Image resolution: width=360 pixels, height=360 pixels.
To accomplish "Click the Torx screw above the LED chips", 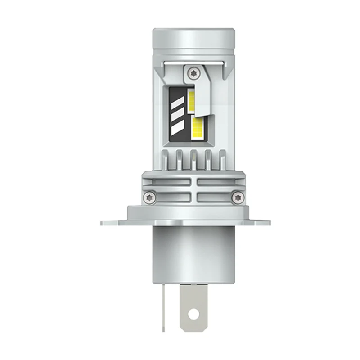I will coord(193,72).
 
